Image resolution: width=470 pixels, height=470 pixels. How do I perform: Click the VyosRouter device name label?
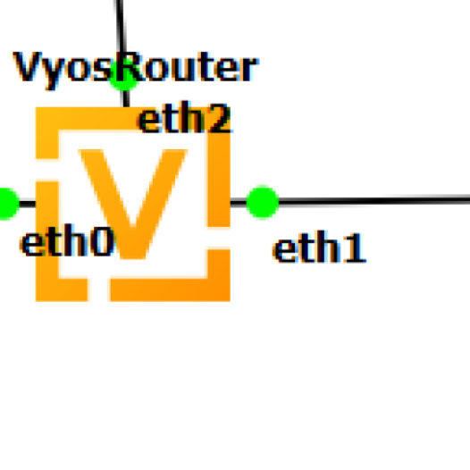click(135, 69)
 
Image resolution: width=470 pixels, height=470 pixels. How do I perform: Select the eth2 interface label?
click(184, 118)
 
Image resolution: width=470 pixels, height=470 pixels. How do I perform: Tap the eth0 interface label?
click(67, 240)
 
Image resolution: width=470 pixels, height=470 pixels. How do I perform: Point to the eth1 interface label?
click(320, 247)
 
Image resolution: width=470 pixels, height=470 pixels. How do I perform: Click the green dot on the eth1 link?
click(263, 202)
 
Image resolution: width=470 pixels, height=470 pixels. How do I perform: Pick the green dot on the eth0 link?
click(7, 204)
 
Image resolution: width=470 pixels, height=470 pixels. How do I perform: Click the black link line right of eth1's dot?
click(374, 200)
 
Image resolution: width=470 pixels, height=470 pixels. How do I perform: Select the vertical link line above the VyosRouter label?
click(121, 27)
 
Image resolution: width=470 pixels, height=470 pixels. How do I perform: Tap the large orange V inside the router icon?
click(133, 204)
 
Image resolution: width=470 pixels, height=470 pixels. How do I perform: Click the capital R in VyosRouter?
click(130, 66)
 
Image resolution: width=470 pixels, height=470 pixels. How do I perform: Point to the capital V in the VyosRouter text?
click(28, 66)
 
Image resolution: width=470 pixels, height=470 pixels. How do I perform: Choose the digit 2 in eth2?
click(220, 119)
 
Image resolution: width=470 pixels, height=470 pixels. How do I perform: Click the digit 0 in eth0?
click(104, 241)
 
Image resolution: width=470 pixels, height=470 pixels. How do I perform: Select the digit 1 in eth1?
click(357, 248)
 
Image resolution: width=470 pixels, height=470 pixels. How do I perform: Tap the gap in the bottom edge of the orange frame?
click(99, 290)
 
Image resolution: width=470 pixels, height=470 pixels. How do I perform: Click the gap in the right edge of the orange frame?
click(219, 238)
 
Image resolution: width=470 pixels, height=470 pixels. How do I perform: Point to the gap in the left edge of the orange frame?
click(47, 170)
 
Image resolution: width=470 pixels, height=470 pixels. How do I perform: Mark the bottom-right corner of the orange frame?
click(230, 300)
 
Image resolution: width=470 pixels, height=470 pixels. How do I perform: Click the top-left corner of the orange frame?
click(37, 108)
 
